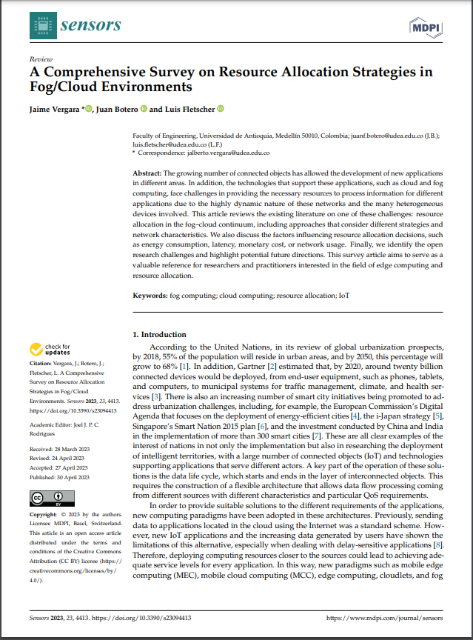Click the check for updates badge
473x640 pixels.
[x=50, y=349]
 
